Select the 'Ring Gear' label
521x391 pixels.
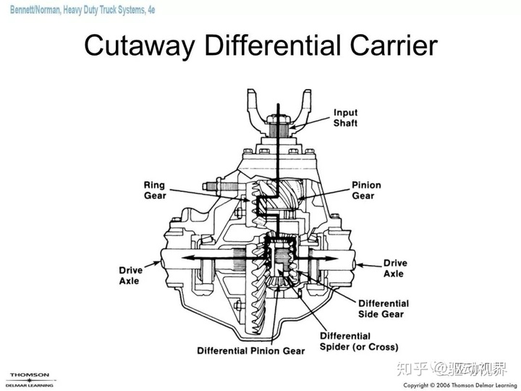click(x=155, y=190)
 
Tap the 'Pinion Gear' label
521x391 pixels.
click(x=366, y=190)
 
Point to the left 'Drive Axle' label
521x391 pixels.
click(x=131, y=275)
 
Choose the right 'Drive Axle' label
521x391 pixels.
click(x=394, y=268)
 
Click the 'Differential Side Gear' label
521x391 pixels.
click(x=384, y=308)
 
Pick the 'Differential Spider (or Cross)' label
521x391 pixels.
click(x=353, y=341)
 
